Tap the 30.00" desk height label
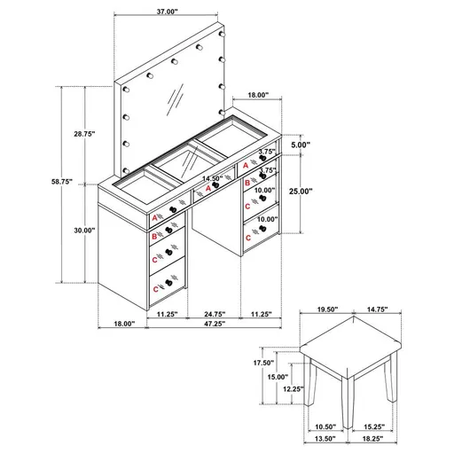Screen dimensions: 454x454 [84, 231]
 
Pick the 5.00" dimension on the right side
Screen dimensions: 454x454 [300, 145]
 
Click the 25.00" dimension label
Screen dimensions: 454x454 [303, 191]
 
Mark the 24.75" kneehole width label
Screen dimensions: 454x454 [213, 313]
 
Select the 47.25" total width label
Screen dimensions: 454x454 [213, 325]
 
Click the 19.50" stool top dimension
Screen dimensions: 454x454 [327, 309]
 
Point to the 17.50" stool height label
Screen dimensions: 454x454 [264, 363]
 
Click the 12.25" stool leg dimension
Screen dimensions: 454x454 [294, 388]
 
